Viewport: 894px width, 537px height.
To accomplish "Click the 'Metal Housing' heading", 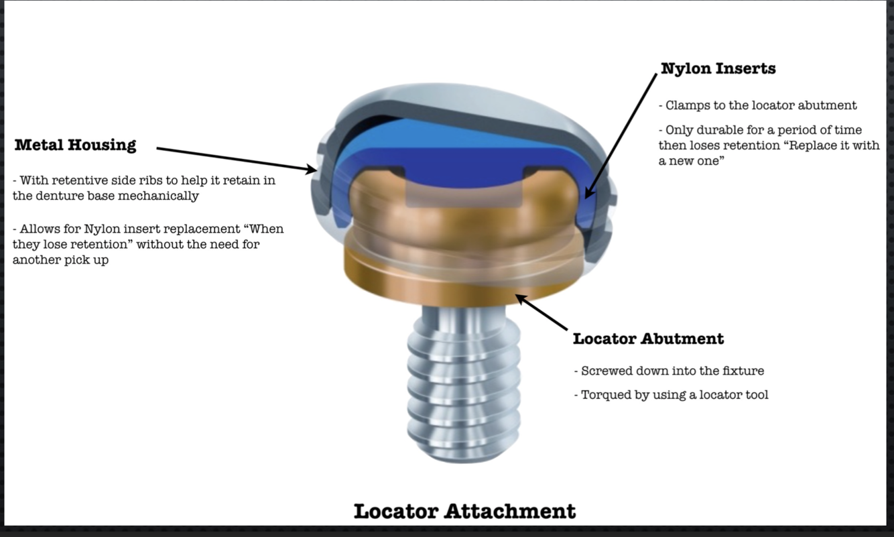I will pyautogui.click(x=75, y=145).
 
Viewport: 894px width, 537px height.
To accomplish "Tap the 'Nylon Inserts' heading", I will pyautogui.click(x=718, y=68).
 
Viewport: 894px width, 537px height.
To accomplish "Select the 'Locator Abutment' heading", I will pyautogui.click(x=648, y=339).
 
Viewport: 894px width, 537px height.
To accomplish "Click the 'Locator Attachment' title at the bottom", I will pyautogui.click(x=464, y=512).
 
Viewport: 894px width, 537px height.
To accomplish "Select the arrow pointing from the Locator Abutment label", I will pyautogui.click(x=542, y=312).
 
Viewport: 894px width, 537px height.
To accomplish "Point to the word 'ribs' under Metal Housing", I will pyautogui.click(x=139, y=180).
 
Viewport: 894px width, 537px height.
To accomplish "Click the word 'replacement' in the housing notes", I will pyautogui.click(x=139, y=229).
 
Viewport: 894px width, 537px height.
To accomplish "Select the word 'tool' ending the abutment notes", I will pyautogui.click(x=757, y=395).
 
